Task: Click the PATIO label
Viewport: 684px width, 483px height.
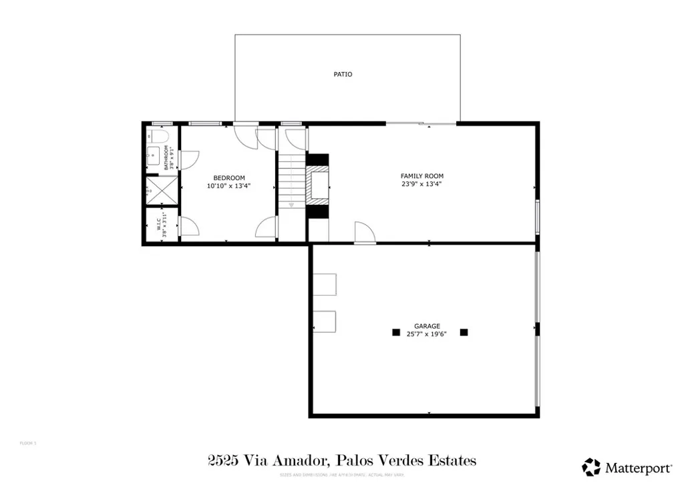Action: (x=343, y=74)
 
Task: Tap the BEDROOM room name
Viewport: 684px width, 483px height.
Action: (x=228, y=177)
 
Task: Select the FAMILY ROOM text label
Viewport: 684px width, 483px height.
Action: (x=421, y=176)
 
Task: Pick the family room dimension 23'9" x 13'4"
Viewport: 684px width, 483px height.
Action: (x=421, y=184)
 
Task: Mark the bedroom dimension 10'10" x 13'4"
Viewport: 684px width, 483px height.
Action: (x=228, y=187)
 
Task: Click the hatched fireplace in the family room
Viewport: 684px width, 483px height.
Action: (x=318, y=186)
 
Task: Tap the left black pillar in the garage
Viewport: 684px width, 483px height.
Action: (x=395, y=332)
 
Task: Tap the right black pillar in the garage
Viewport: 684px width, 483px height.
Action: (x=464, y=332)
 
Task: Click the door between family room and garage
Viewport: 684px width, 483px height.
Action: (x=365, y=233)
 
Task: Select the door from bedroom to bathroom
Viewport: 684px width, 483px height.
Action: (x=189, y=160)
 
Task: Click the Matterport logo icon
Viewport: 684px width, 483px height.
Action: (x=591, y=467)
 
